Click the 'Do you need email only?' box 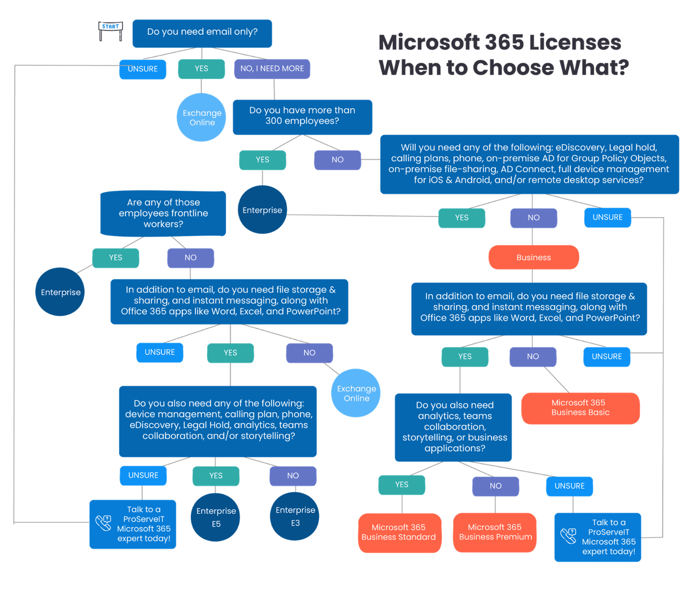(x=202, y=33)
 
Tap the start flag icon (x=110, y=31)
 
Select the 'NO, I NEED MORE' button (x=272, y=69)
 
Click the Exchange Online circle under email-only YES (x=202, y=117)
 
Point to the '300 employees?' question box (x=302, y=116)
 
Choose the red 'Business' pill (x=533, y=258)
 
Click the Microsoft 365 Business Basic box (x=580, y=408)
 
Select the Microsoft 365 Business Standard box (x=399, y=532)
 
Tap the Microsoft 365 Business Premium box (x=495, y=532)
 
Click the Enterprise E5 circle (x=216, y=517)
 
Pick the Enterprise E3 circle (x=295, y=516)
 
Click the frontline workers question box (x=163, y=213)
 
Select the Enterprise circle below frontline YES (x=60, y=292)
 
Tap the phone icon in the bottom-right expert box (x=568, y=536)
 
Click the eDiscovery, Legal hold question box (x=529, y=164)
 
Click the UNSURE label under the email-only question (x=143, y=69)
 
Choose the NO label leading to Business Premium (x=495, y=486)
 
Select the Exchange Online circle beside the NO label (x=356, y=393)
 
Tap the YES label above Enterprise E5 (x=216, y=476)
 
